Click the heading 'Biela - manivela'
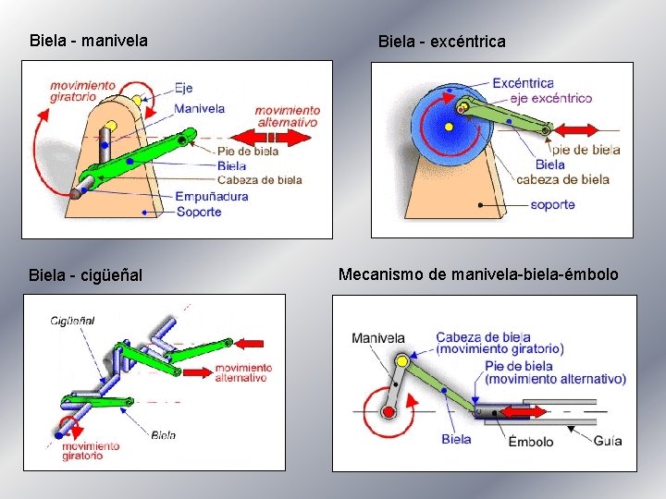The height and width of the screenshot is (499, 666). [x=89, y=41]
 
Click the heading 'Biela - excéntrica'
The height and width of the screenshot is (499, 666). [x=441, y=42]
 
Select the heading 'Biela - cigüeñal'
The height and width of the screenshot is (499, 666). [x=86, y=274]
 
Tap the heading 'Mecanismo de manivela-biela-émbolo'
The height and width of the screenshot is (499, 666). [x=478, y=274]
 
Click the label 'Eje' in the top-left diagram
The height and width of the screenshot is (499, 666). [x=183, y=89]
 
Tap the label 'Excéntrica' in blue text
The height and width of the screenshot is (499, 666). [x=523, y=82]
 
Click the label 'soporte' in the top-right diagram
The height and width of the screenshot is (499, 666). [x=552, y=204]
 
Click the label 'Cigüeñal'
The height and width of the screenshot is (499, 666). [x=73, y=320]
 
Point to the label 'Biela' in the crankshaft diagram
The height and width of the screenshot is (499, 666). [x=163, y=434]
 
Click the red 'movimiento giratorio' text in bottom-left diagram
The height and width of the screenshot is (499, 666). [x=91, y=451]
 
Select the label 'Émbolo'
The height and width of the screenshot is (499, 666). [x=531, y=441]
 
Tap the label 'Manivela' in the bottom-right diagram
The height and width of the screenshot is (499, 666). [x=377, y=338]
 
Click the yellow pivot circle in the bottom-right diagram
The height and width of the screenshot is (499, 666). [x=402, y=361]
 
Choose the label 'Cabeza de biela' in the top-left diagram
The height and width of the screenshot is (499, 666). [x=259, y=179]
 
